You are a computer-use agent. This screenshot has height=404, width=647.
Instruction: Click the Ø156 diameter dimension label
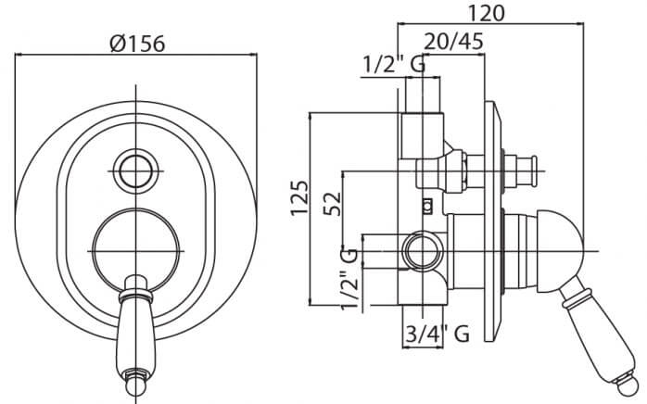pos(137,44)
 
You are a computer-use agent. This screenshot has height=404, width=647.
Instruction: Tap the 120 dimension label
pos(486,13)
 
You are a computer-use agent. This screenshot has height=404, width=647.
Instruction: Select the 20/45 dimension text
pos(453,42)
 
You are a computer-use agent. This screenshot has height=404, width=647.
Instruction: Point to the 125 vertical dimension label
pos(299,197)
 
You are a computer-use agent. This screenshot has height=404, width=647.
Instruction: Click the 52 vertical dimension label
pos(333,204)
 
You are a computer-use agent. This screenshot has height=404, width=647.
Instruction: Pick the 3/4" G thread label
pos(438,334)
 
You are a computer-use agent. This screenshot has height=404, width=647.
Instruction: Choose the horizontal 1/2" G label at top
pos(394,64)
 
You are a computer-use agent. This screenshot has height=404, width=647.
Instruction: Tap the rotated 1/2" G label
pos(349,279)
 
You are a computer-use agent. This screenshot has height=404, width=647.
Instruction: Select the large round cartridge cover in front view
pos(135,251)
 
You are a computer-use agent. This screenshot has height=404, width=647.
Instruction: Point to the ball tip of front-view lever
pos(136,385)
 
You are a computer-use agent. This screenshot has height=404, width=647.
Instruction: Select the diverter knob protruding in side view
pos(521,171)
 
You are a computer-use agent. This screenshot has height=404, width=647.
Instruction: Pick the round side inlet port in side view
pos(424,251)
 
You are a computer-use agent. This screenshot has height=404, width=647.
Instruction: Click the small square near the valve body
pos(427,206)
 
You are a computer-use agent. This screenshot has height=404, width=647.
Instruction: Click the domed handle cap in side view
pos(561,251)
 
